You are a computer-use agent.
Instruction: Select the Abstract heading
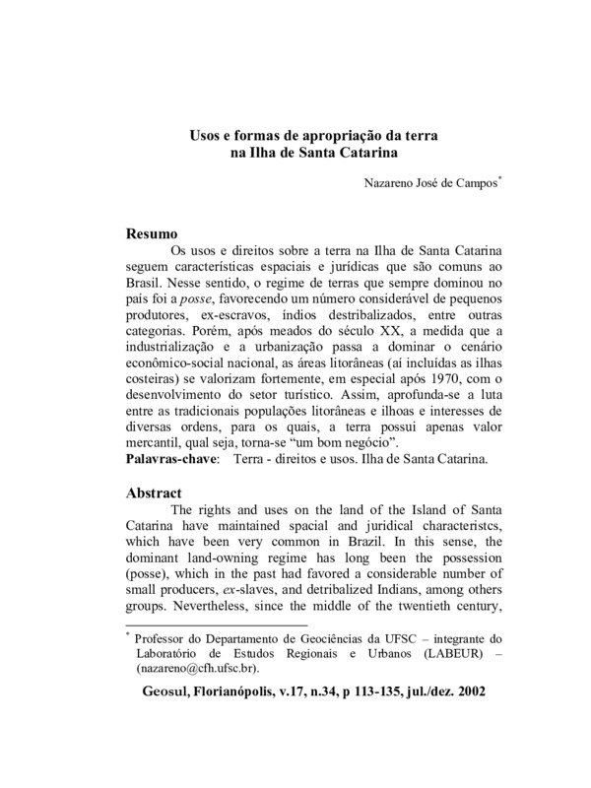click(x=157, y=491)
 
